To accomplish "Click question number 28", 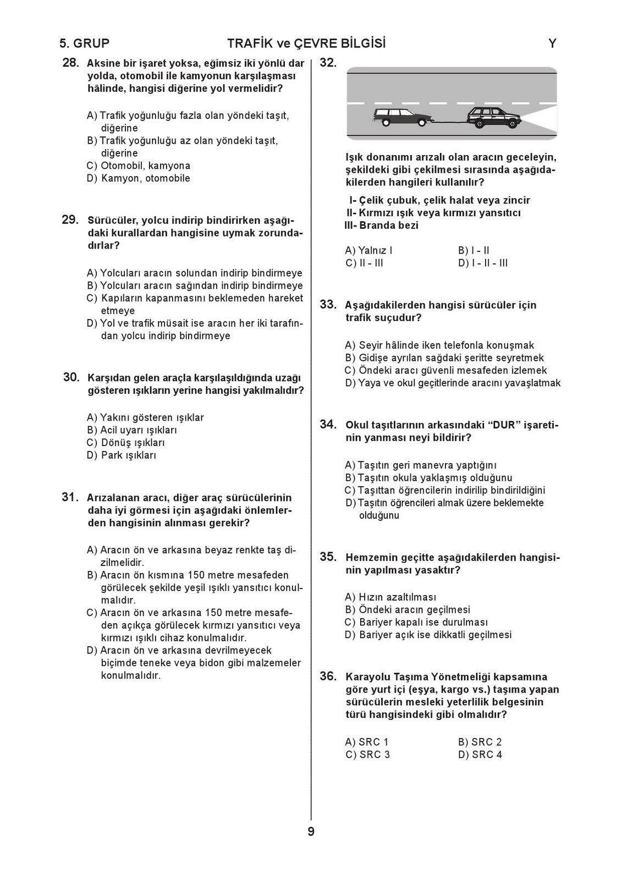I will (x=71, y=63).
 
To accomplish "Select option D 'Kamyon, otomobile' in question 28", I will (x=139, y=178).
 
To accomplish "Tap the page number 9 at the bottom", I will (x=311, y=832).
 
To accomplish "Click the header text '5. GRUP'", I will (x=85, y=43).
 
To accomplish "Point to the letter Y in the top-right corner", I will (x=552, y=43).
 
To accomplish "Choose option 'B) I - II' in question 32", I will (x=474, y=251).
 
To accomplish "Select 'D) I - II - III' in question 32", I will (x=483, y=263).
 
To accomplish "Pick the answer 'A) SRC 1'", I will (x=367, y=742).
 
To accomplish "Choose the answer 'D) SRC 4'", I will (x=480, y=755).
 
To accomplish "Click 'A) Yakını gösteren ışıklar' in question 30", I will (x=145, y=417).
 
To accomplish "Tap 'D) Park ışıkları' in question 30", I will (x=122, y=455).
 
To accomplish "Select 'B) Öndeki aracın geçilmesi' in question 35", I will (x=408, y=609).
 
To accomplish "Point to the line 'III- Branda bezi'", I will (x=381, y=226).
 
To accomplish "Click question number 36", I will (x=328, y=676).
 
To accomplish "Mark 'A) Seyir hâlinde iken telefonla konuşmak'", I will (x=439, y=345).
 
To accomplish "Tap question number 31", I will (x=70, y=497).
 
